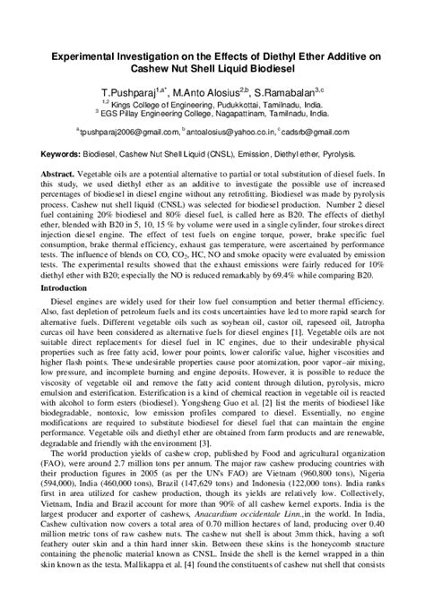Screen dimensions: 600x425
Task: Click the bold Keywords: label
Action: pyautogui.click(x=59, y=155)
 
